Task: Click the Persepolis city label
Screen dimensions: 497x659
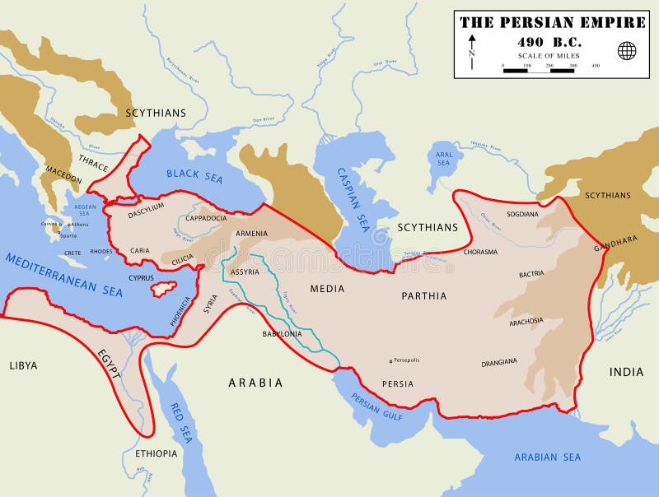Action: (407, 360)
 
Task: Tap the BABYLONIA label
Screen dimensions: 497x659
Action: (283, 334)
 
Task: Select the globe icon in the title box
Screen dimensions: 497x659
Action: (627, 51)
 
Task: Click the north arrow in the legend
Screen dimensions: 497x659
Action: (471, 51)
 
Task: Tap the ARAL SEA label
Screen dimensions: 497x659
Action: (444, 159)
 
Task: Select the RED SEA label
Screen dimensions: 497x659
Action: (180, 423)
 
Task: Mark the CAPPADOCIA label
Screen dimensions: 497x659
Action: (207, 218)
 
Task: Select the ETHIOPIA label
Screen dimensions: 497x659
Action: (156, 453)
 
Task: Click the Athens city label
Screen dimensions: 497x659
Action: (79, 224)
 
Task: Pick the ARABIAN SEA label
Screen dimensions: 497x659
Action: (547, 457)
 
